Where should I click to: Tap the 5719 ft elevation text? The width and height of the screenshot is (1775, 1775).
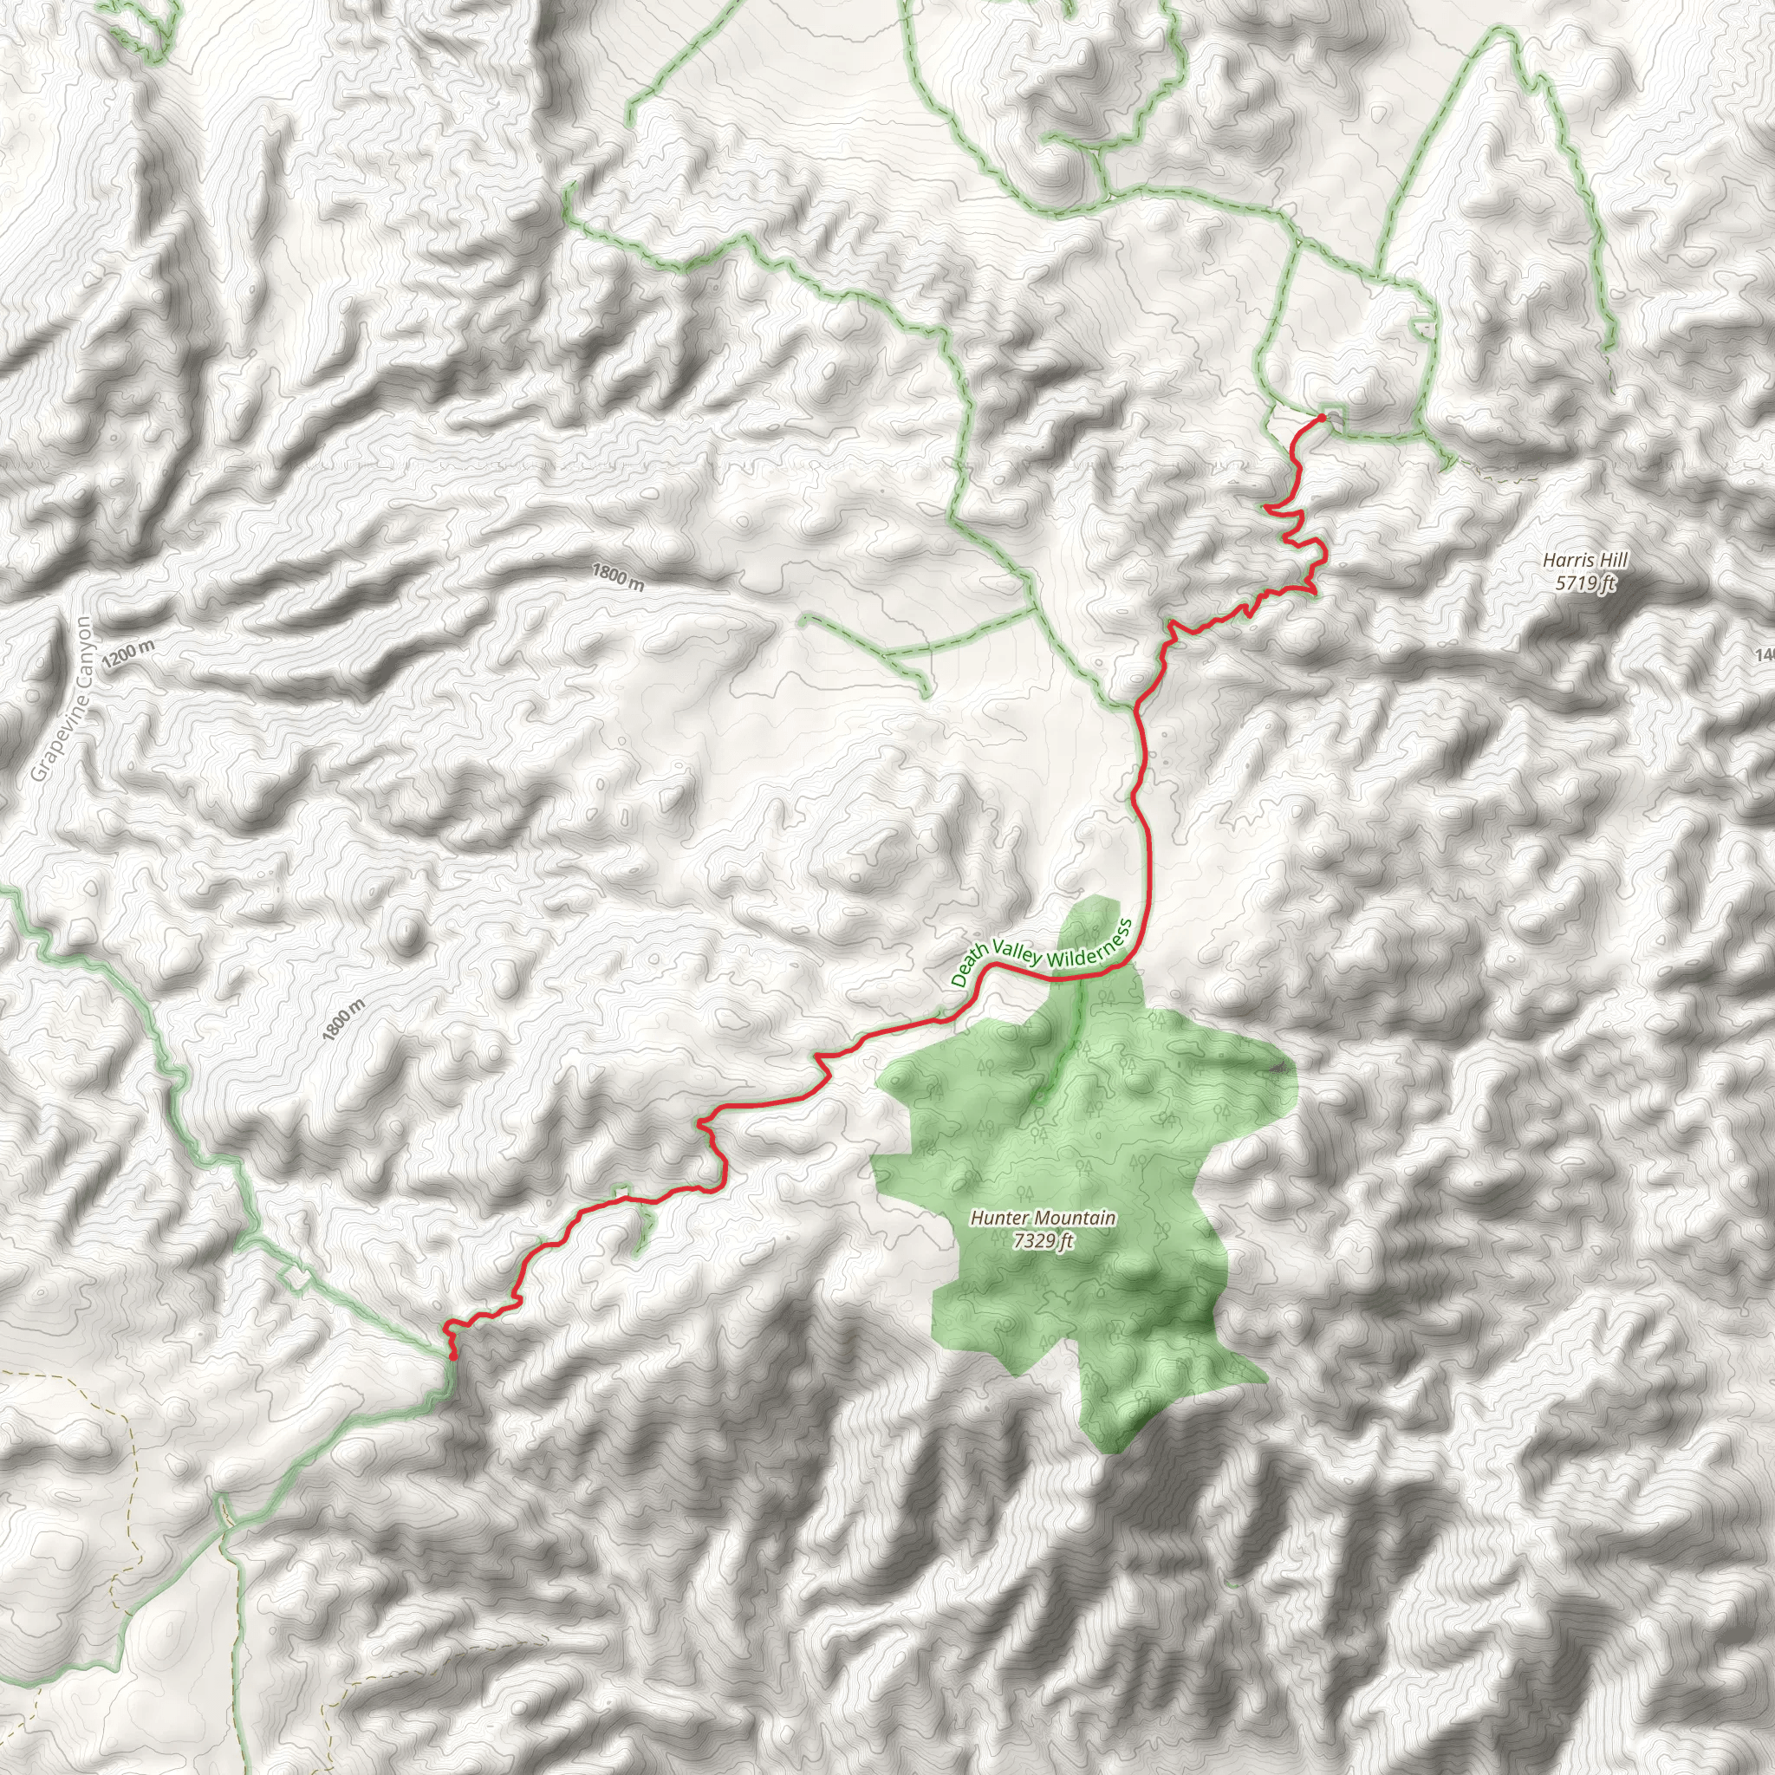coord(1585,582)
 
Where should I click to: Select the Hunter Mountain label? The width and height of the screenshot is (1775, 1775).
coord(1044,1219)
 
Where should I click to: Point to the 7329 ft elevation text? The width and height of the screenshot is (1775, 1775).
coord(1044,1241)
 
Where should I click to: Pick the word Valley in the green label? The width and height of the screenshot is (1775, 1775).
coord(1015,953)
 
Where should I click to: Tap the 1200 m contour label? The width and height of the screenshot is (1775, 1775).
coord(128,655)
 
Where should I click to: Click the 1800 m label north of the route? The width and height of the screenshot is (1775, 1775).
coord(617,577)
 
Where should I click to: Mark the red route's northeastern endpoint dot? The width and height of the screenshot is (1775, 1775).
coord(1321,418)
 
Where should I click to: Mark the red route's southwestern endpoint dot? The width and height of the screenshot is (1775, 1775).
coord(454,1356)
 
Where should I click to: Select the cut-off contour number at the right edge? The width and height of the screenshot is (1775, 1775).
coord(1765,655)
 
